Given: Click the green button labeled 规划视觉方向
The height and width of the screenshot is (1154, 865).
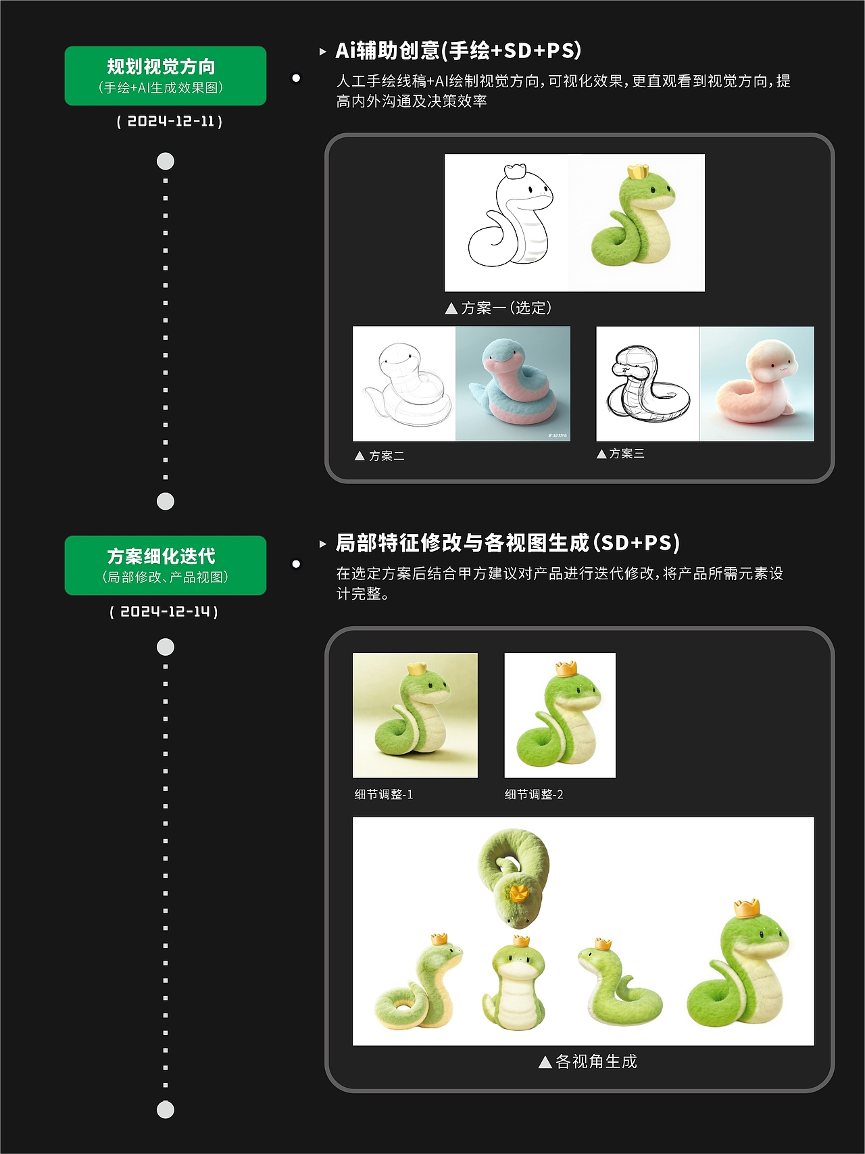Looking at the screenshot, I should [165, 76].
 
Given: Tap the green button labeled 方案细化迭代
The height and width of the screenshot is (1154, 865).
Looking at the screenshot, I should [165, 565].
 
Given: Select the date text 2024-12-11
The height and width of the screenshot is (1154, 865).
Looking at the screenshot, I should [170, 122].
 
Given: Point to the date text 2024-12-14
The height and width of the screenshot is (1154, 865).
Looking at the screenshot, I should [164, 612].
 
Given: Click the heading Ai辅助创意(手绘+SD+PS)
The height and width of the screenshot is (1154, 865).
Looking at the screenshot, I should [458, 51].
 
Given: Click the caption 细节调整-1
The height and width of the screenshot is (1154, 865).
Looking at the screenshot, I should [384, 794].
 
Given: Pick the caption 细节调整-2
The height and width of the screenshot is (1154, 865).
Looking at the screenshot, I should [534, 794].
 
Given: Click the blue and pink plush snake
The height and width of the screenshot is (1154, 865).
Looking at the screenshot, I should [513, 384].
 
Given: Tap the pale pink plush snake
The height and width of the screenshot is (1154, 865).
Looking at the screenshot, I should [757, 384].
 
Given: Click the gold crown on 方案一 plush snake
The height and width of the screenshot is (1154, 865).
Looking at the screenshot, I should [637, 171].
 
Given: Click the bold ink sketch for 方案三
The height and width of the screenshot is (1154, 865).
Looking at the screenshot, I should [647, 384].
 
